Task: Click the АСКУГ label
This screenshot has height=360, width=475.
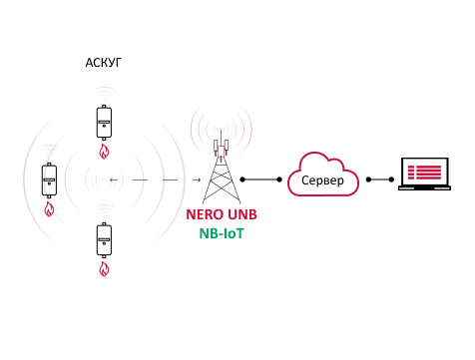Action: pyautogui.click(x=104, y=63)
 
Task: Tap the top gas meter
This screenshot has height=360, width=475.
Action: pyautogui.click(x=104, y=123)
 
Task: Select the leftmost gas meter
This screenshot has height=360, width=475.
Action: pyautogui.click(x=49, y=180)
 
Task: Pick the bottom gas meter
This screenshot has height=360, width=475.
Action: pyautogui.click(x=104, y=240)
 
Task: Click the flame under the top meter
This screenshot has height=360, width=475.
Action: pyautogui.click(x=104, y=152)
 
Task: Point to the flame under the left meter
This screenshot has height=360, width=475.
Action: pyautogui.click(x=49, y=209)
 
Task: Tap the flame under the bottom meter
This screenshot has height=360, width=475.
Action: pyautogui.click(x=104, y=269)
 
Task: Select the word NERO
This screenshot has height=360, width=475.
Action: pyautogui.click(x=205, y=214)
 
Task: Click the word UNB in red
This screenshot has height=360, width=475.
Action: pyautogui.click(x=242, y=214)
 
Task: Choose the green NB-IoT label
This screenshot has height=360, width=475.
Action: pyautogui.click(x=222, y=233)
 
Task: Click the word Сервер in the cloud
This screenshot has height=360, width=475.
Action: pyautogui.click(x=322, y=180)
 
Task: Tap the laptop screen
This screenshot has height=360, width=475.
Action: pyautogui.click(x=425, y=173)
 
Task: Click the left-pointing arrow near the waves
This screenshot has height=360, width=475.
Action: pyautogui.click(x=114, y=180)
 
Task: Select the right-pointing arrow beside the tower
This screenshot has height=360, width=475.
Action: pyautogui.click(x=197, y=180)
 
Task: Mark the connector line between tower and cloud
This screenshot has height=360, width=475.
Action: pyautogui.click(x=261, y=180)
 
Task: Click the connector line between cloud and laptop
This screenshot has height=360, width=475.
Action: pyautogui.click(x=380, y=180)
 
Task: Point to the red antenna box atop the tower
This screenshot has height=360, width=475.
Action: pyautogui.click(x=221, y=152)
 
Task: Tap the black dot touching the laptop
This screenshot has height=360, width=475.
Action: pyautogui.click(x=391, y=180)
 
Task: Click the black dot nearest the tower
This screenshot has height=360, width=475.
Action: pyautogui.click(x=242, y=180)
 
